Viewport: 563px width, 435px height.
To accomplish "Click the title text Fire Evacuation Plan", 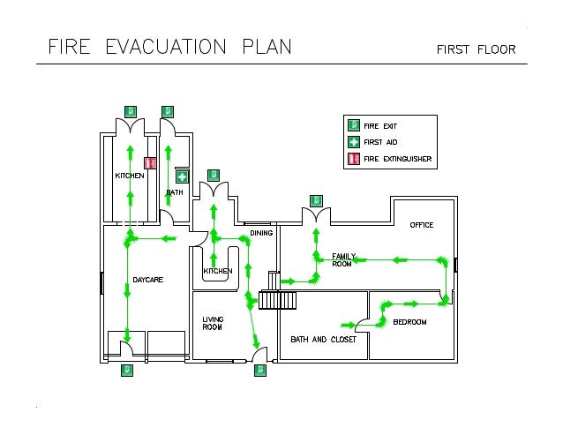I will coord(169,46).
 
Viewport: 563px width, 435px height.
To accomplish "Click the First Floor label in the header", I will coord(475,49).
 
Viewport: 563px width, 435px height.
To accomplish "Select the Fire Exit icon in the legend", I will coord(353,126).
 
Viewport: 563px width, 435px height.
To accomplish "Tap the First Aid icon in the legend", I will coord(353,142).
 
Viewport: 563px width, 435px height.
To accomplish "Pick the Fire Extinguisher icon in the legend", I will coord(353,159).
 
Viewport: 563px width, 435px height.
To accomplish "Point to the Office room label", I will coord(422,225).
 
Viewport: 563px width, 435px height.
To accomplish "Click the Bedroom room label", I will coord(409,322).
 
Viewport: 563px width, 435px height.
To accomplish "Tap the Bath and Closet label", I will coord(323,339).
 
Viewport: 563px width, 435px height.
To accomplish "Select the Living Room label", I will coord(213,323).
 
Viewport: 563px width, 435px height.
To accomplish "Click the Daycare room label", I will coord(148,280).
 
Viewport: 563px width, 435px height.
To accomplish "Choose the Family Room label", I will coord(342,260).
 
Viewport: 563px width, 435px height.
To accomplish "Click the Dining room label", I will coord(261,233).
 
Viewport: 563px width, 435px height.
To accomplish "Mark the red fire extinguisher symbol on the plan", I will coord(150,163).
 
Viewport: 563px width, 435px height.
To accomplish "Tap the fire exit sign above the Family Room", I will coord(316,200).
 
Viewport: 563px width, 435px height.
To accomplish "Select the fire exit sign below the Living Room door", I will coord(259,371).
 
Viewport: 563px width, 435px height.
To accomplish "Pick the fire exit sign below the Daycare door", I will coord(127,371).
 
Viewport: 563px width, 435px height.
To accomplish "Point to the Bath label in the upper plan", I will coord(175,192).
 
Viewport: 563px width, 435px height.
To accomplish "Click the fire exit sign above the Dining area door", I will coord(213,175).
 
